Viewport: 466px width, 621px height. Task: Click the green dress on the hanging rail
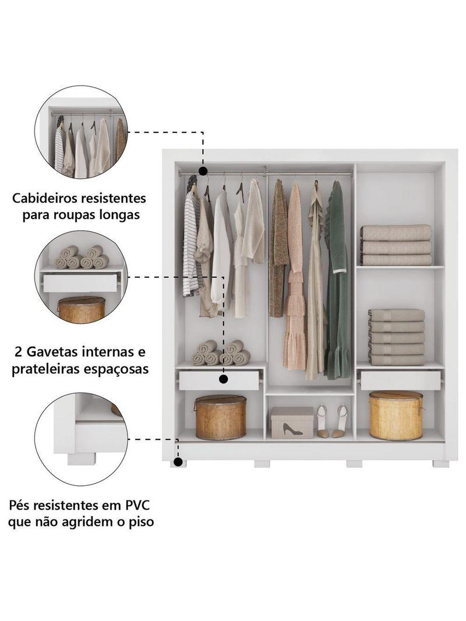tap(337, 280)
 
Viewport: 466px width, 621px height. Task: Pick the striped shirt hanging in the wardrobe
tap(190, 245)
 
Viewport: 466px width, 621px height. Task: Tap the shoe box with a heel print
tap(292, 422)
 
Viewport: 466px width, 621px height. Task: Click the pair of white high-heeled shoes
tap(331, 421)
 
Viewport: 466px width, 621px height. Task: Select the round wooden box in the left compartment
tap(220, 417)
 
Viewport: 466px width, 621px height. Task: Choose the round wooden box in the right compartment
tap(396, 415)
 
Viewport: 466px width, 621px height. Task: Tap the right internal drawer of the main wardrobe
tap(400, 380)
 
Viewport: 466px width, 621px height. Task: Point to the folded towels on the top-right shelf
tap(396, 245)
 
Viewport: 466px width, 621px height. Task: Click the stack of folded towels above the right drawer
tap(396, 337)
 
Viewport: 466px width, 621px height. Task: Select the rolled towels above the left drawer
tap(221, 353)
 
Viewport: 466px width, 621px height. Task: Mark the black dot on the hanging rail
tap(203, 171)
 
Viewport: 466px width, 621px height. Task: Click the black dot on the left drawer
tap(224, 379)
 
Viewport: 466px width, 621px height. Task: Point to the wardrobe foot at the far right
tap(440, 464)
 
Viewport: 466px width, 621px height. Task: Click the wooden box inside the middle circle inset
tap(81, 309)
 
